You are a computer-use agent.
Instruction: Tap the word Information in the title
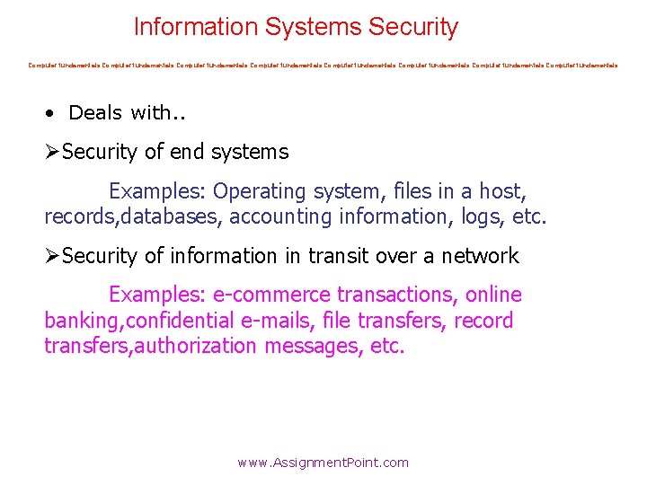196,27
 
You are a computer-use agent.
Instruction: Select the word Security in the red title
413,27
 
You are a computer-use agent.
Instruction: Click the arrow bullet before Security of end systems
52,153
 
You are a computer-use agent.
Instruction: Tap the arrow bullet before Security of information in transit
52,257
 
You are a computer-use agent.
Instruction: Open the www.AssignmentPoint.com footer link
323,463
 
